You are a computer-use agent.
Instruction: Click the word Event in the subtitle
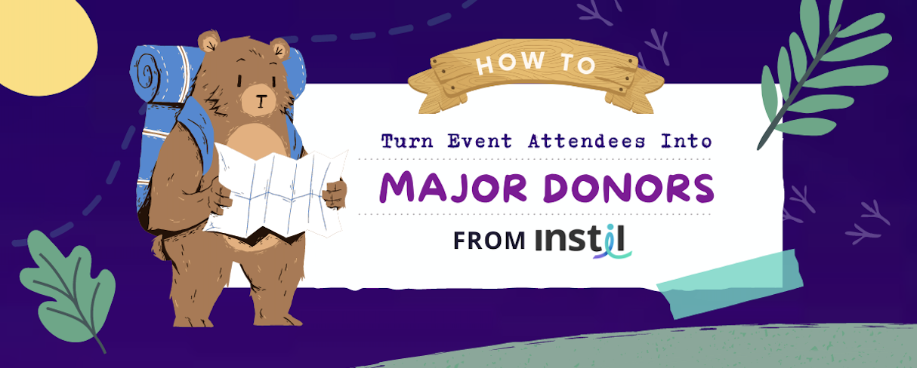click(x=481, y=142)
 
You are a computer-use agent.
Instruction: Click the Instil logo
click(x=583, y=241)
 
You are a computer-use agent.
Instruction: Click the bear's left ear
click(x=208, y=41)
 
